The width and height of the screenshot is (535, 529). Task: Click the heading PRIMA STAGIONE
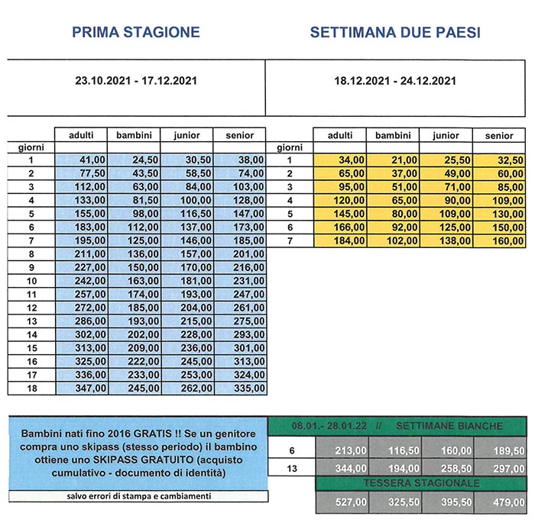[136, 32]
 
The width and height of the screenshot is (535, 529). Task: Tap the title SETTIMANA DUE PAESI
[395, 33]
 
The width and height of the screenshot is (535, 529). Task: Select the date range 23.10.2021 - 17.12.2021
[136, 80]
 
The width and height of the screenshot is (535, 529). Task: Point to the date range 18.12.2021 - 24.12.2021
[395, 80]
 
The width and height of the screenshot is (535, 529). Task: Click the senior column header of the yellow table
[499, 135]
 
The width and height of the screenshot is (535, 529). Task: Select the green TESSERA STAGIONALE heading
[420, 483]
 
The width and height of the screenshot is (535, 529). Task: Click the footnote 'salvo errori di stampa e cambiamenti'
[135, 496]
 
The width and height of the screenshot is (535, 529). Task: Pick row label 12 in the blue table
[32, 308]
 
